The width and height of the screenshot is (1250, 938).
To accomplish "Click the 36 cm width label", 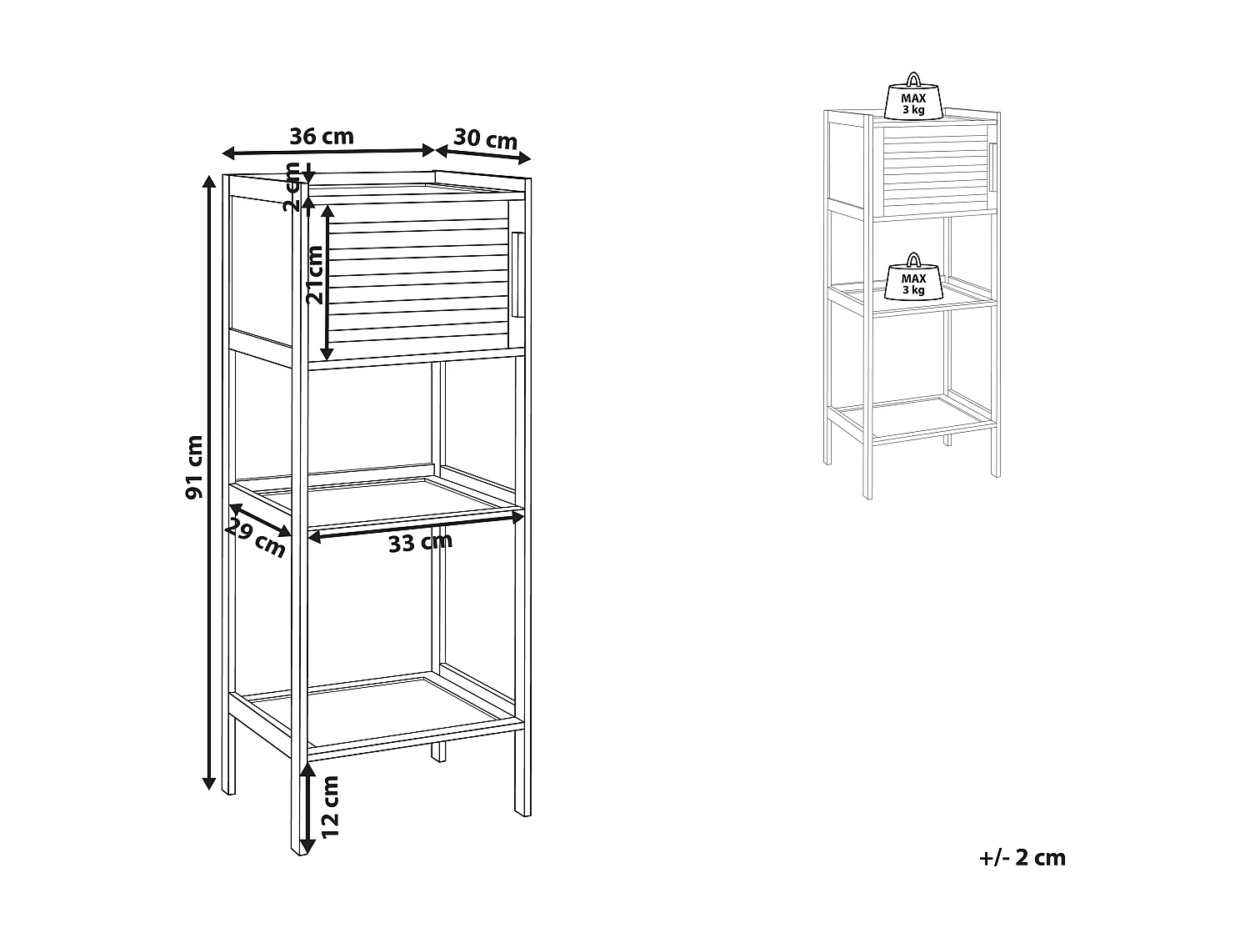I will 321,136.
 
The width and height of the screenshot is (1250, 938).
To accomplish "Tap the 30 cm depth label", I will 486,138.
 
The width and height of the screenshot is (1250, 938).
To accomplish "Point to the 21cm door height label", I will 314,274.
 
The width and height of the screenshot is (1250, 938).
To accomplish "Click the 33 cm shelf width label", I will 420,543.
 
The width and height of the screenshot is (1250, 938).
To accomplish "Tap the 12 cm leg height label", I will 330,805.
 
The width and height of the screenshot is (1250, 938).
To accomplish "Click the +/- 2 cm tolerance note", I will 1023,857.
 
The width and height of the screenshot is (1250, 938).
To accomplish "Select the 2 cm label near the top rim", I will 292,186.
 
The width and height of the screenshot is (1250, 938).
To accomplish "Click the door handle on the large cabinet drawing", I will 517,274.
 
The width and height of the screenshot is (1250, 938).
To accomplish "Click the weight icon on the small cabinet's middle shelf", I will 913,278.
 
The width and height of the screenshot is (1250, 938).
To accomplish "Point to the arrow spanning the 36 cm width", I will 328,152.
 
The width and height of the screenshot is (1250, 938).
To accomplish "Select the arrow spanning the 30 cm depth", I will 483,153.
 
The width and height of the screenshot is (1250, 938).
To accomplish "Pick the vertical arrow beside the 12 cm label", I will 307,805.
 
